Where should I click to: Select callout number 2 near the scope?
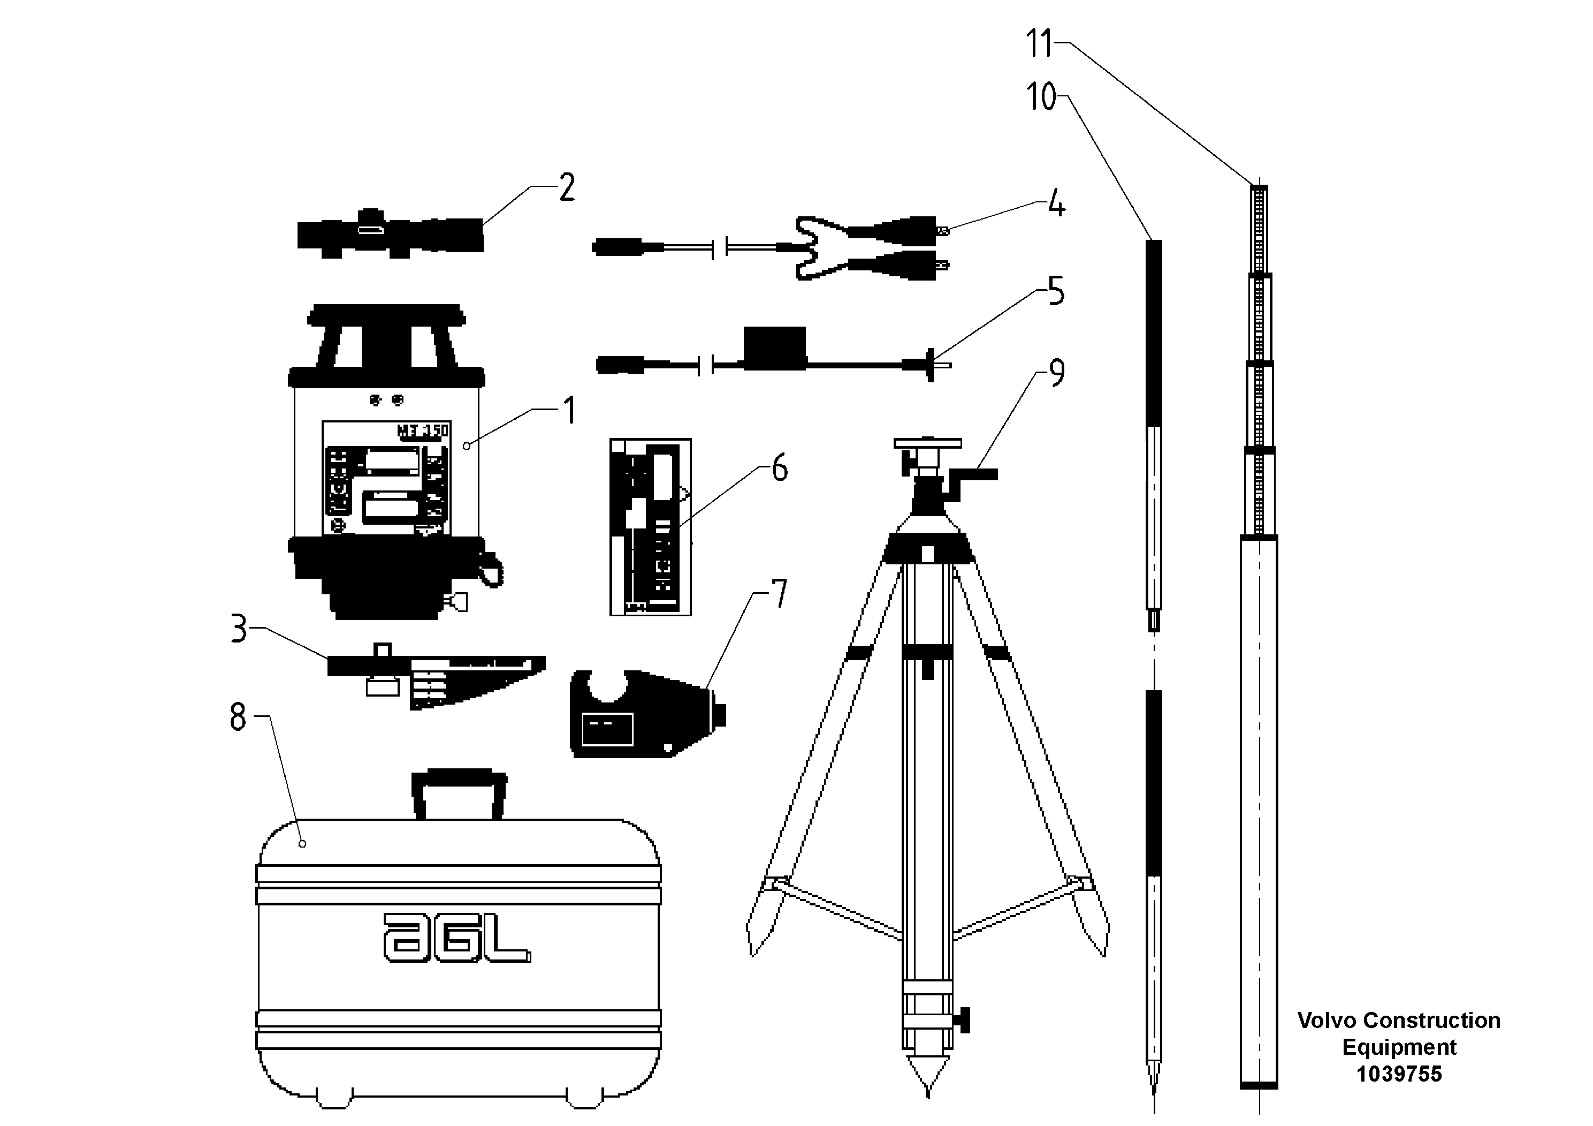click(567, 187)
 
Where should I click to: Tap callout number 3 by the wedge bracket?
click(239, 629)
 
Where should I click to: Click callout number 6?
click(780, 468)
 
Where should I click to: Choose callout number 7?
click(780, 594)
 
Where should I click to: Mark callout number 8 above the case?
click(238, 717)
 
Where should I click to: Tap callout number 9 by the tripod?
click(1056, 374)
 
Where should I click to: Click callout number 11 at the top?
click(1039, 44)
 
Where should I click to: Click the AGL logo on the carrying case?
click(456, 938)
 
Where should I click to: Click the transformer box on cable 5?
click(774, 345)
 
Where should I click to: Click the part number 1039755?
click(1399, 1074)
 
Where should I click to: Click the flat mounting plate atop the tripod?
click(928, 443)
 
